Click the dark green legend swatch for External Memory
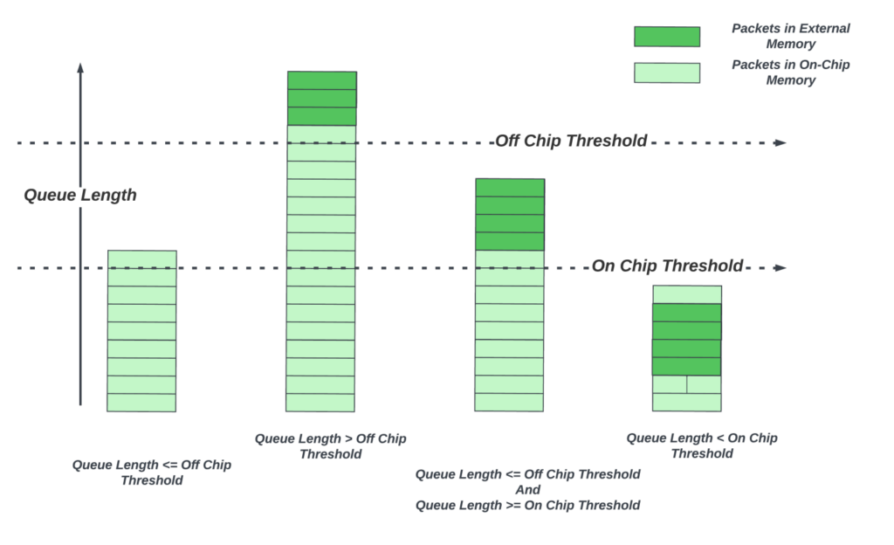click(x=666, y=37)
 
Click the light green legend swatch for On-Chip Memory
click(x=666, y=72)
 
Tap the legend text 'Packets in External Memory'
click(x=791, y=36)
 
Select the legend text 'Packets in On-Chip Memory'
click(x=791, y=72)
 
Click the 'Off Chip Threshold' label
click(x=571, y=141)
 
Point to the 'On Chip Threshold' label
click(x=668, y=266)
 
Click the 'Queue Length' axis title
click(x=80, y=195)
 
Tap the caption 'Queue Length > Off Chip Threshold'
click(x=331, y=445)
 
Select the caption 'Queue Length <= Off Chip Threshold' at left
click(x=152, y=473)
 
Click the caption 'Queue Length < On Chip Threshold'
click(x=702, y=445)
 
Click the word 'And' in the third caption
click(x=527, y=490)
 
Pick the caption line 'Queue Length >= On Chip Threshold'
click(x=527, y=505)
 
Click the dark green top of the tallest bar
click(x=321, y=98)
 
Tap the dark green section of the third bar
click(x=509, y=215)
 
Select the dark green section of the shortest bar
click(x=687, y=340)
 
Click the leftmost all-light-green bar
click(x=141, y=332)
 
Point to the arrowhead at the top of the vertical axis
click(x=80, y=66)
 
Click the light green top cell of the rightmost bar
click(x=687, y=294)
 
